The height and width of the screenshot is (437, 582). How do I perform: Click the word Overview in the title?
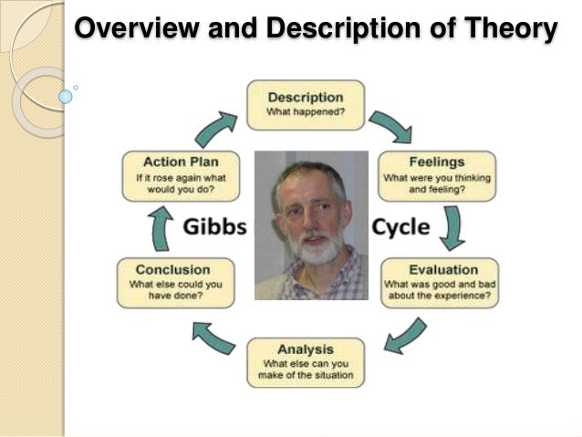pyautogui.click(x=136, y=29)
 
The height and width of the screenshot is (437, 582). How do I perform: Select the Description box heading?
pyautogui.click(x=306, y=97)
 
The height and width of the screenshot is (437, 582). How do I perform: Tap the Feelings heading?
pyautogui.click(x=436, y=161)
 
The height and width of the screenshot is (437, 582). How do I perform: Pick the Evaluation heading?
pyautogui.click(x=443, y=269)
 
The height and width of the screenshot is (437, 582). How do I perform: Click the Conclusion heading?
pyautogui.click(x=172, y=269)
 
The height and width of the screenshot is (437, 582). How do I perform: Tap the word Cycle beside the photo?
pyautogui.click(x=400, y=226)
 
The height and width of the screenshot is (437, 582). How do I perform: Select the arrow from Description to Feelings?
pyautogui.click(x=390, y=127)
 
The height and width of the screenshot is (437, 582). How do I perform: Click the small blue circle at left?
pyautogui.click(x=65, y=95)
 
